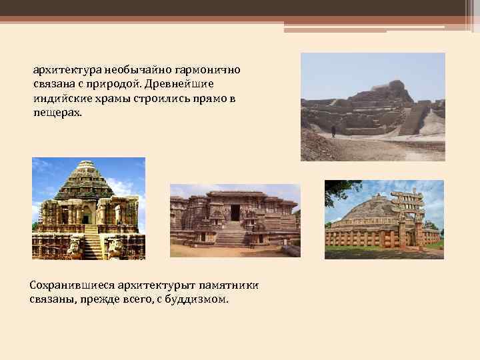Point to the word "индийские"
(x=59, y=99)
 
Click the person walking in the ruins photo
(x=333, y=131)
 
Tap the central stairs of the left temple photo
(x=91, y=243)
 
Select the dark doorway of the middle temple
(x=235, y=213)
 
